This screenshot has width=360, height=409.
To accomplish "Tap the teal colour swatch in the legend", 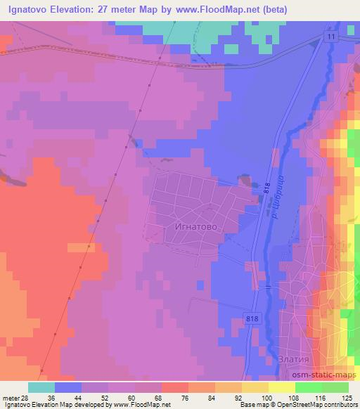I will [41, 387].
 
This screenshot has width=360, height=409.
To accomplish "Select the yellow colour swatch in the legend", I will [255, 387].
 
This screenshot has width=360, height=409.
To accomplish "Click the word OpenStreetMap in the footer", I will [307, 405].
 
